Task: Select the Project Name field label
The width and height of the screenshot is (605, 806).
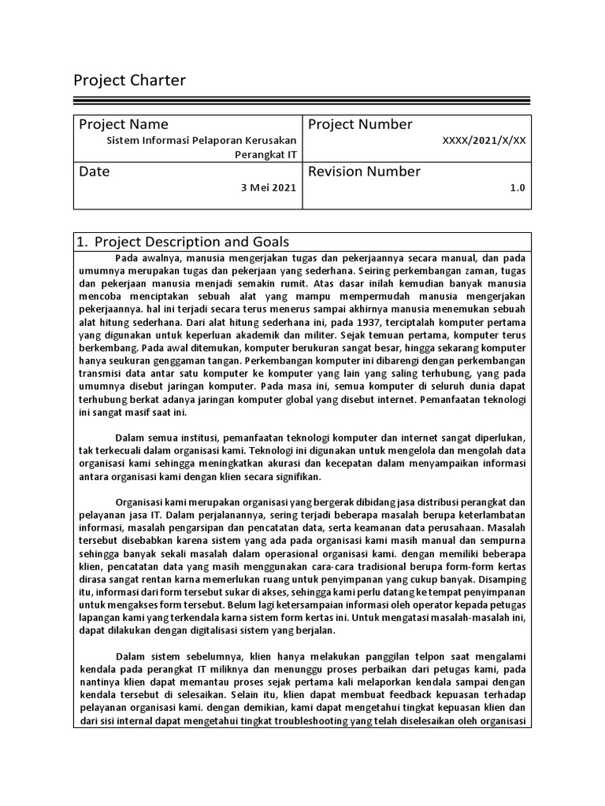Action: coord(123,124)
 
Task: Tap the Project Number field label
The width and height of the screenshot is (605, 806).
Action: coord(360,124)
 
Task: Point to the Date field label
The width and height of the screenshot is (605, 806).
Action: coord(95,172)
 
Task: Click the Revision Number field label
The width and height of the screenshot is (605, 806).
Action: coord(364,172)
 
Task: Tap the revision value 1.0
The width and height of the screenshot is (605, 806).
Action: coord(518,188)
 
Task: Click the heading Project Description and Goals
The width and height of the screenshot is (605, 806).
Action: coord(191,242)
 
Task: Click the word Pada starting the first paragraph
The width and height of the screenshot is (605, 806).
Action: coord(126,257)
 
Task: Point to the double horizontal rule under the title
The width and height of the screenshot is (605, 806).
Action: coord(302,101)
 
